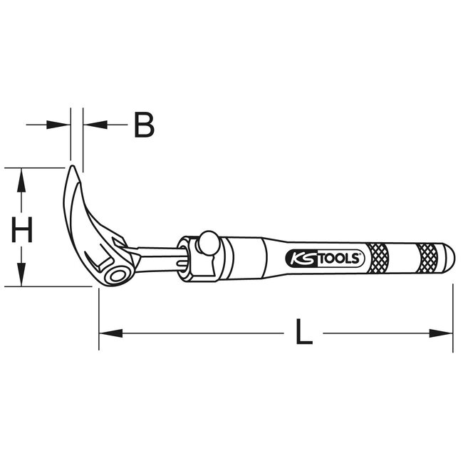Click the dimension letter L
point(304,332)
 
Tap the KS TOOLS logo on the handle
point(325,258)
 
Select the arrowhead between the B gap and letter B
point(93,125)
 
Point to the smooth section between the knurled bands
point(403,255)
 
